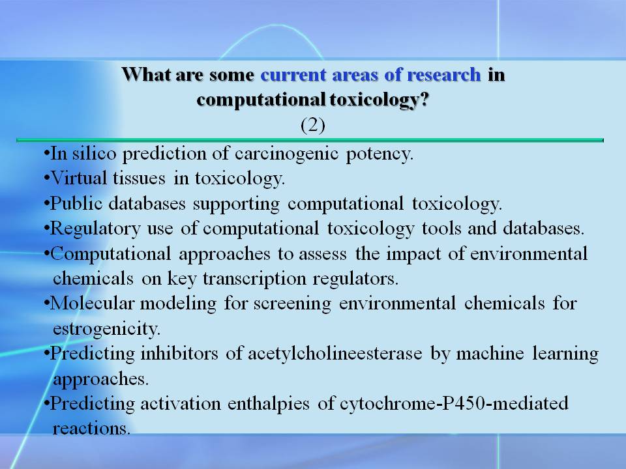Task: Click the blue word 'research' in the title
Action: point(443,74)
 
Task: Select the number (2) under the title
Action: point(312,125)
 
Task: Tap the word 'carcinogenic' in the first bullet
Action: point(287,154)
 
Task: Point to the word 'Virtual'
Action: point(80,178)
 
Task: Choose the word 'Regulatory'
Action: point(95,229)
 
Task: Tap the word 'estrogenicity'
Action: point(106,329)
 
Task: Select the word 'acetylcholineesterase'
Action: point(335,354)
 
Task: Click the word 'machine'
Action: point(490,353)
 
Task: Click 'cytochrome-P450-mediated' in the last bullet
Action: point(454,404)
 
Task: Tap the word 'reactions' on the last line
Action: point(91,429)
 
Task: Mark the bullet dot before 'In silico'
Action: point(47,154)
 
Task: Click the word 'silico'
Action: point(94,153)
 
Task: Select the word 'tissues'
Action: point(139,178)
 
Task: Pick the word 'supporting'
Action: point(236,204)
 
